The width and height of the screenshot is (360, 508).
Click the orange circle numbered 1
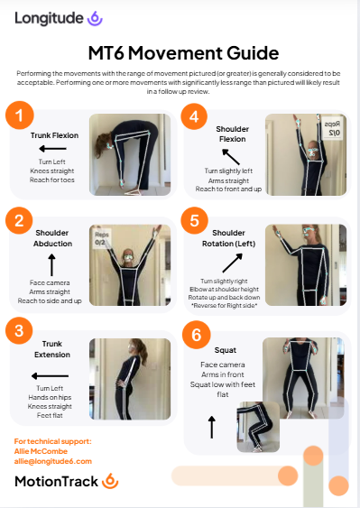(20, 115)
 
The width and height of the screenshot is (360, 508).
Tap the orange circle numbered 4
(194, 116)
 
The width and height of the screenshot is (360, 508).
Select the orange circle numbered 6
(197, 335)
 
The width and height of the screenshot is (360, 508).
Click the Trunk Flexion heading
(54, 135)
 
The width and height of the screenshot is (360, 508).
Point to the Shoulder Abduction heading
(52, 238)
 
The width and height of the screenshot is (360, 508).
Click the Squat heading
(226, 350)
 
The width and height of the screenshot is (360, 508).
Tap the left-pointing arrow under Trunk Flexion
(52, 149)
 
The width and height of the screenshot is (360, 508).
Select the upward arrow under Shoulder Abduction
(51, 265)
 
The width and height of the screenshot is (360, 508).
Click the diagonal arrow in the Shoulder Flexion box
(231, 157)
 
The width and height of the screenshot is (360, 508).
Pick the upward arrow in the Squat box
(212, 428)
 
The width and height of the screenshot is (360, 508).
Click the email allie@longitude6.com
(53, 461)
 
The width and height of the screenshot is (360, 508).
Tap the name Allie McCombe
(41, 451)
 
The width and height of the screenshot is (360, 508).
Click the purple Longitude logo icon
(95, 18)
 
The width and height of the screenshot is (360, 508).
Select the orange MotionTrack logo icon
(110, 481)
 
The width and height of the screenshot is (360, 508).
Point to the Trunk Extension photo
(130, 379)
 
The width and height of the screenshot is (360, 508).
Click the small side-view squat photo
(258, 427)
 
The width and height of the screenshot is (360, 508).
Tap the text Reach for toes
(52, 180)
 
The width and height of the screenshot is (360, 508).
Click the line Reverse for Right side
(224, 306)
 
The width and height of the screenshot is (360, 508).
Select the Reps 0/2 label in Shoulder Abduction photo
(101, 238)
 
